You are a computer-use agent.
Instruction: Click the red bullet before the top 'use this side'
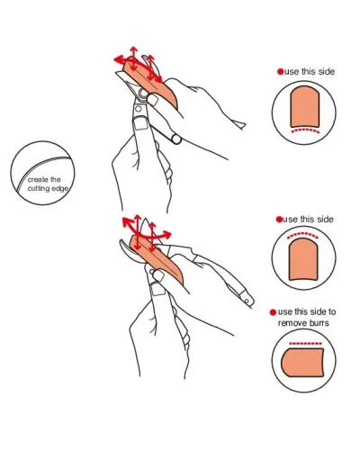tap(280, 70)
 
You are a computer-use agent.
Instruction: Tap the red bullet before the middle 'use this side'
tap(280, 220)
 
